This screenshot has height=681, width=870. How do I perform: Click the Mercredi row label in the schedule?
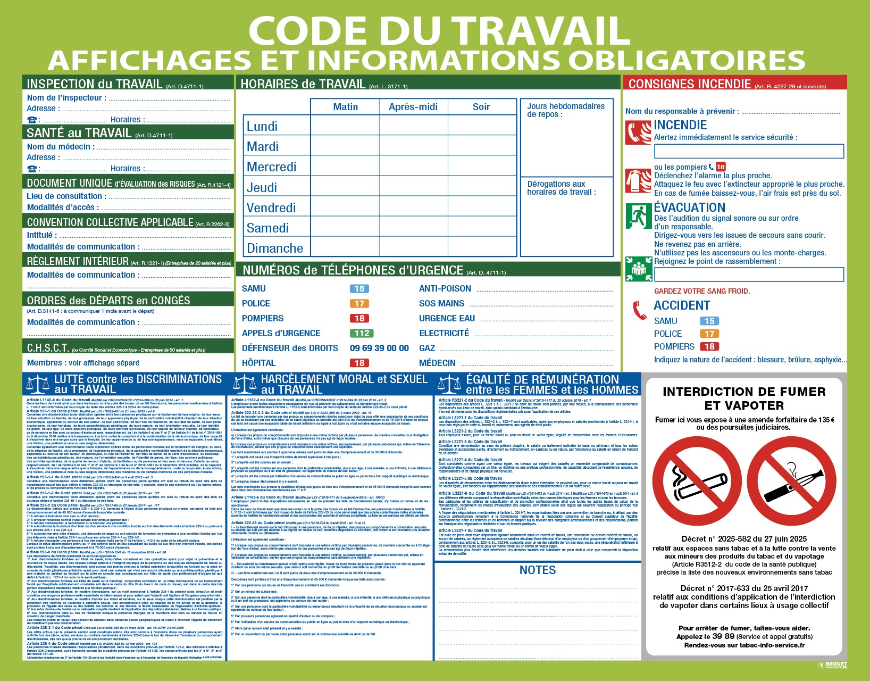(x=271, y=167)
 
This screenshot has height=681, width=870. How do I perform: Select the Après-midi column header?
(x=413, y=107)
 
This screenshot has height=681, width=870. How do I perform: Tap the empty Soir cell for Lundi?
(x=482, y=126)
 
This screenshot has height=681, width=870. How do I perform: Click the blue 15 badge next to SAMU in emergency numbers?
(x=359, y=289)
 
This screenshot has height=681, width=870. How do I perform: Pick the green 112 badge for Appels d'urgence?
(x=362, y=334)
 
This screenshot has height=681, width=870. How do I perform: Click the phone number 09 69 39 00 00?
(x=379, y=348)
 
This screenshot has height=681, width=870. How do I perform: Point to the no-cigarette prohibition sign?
(x=697, y=481)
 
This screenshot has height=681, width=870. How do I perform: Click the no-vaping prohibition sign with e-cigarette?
(x=792, y=481)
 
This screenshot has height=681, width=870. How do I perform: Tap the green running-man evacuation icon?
(x=638, y=216)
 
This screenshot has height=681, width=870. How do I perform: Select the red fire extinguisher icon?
(x=638, y=181)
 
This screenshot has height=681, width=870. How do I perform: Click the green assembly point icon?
(x=638, y=269)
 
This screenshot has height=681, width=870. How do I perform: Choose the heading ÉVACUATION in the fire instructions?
(x=689, y=207)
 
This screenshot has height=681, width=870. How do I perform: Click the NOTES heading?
(x=537, y=570)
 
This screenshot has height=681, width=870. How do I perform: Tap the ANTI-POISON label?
(x=445, y=289)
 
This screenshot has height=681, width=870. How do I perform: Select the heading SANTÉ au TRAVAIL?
(x=79, y=133)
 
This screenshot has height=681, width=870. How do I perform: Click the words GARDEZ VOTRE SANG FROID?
(x=701, y=291)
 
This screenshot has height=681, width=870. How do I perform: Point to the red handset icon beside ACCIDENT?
(x=639, y=310)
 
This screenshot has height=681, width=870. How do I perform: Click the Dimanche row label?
(x=274, y=248)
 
